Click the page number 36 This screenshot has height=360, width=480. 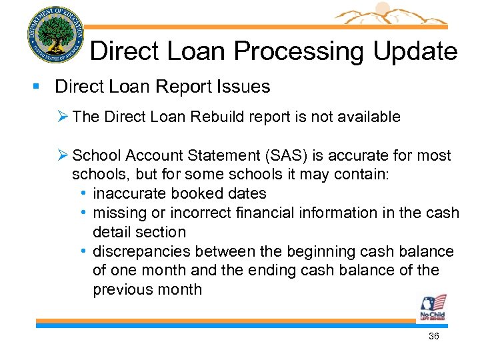click(x=433, y=337)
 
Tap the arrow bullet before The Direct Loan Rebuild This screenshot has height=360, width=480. click(x=65, y=117)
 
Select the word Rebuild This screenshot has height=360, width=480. click(x=217, y=117)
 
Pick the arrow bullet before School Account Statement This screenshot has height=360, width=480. click(x=65, y=156)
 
